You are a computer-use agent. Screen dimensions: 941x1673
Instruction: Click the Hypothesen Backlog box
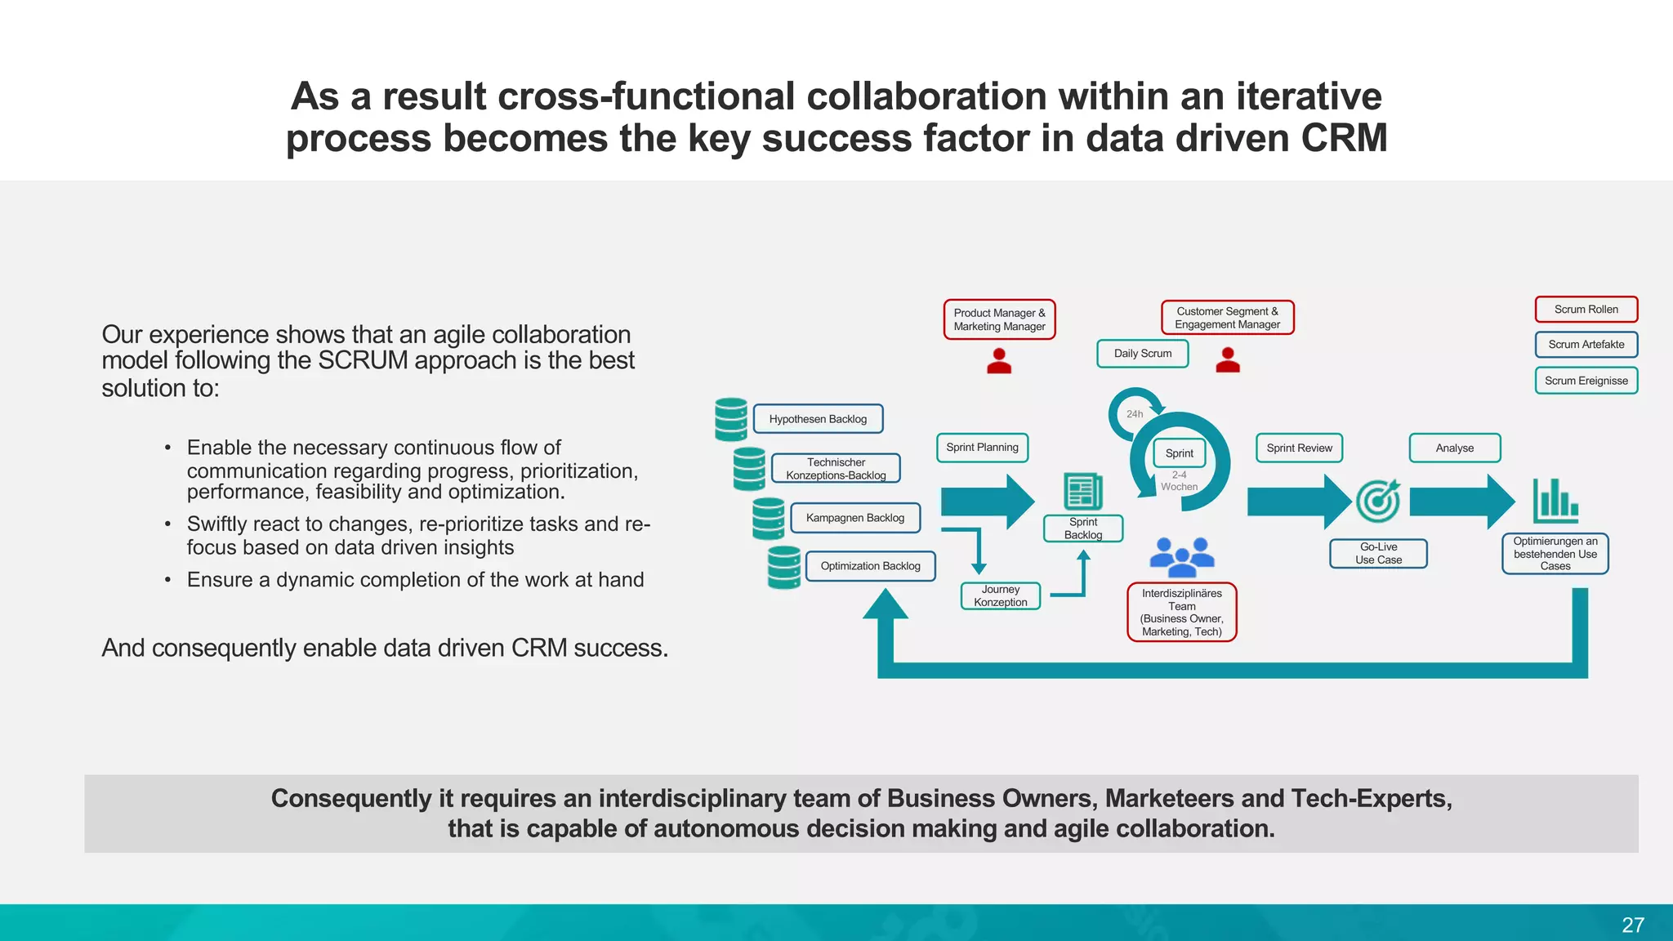coord(818,419)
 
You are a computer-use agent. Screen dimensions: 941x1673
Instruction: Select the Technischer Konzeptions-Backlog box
coord(836,469)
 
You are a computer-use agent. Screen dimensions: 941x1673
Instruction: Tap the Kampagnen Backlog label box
coord(855,518)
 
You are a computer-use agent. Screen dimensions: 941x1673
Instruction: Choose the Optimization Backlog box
coord(870,566)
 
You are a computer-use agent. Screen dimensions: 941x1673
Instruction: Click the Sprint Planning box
coord(982,448)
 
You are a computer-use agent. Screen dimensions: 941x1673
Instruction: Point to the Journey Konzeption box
coord(1001,595)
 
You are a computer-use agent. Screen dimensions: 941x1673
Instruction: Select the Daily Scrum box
coord(1142,354)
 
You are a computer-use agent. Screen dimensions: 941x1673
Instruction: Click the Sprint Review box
coord(1299,448)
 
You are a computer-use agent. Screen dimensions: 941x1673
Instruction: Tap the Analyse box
coord(1454,448)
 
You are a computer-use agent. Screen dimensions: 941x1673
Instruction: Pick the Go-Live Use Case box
coord(1378,554)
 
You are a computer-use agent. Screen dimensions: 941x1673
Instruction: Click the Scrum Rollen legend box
coord(1586,310)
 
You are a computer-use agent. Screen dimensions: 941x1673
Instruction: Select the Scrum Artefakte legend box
coord(1586,345)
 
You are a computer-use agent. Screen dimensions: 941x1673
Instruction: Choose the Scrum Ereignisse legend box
coord(1586,381)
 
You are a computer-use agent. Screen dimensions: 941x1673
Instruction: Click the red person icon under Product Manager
coord(999,361)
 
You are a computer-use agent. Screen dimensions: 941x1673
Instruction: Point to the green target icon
coord(1378,501)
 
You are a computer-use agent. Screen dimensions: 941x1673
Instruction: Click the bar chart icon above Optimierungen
coord(1555,500)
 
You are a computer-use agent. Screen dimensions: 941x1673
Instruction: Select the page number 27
coord(1632,925)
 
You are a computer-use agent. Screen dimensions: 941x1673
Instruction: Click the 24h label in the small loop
coord(1135,414)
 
